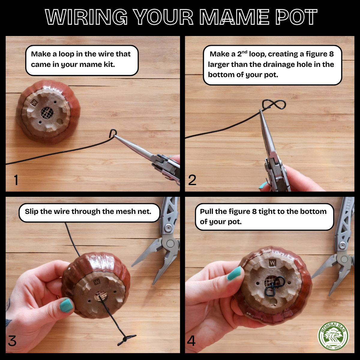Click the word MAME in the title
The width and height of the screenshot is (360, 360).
coord(234,17)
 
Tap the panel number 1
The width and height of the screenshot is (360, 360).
coord(16,180)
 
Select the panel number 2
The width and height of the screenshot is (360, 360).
coord(192,180)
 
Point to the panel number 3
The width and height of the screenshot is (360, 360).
coord(12,341)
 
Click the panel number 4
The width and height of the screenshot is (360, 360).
coord(191,341)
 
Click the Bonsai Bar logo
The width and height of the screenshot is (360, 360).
coord(333,335)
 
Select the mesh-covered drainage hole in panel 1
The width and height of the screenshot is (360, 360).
coord(47,113)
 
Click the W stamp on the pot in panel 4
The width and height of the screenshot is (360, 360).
coord(272,263)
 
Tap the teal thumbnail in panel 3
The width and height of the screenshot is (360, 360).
coord(67,305)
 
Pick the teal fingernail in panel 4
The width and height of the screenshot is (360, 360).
coord(234,273)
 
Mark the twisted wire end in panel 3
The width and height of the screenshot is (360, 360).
coord(126,339)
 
